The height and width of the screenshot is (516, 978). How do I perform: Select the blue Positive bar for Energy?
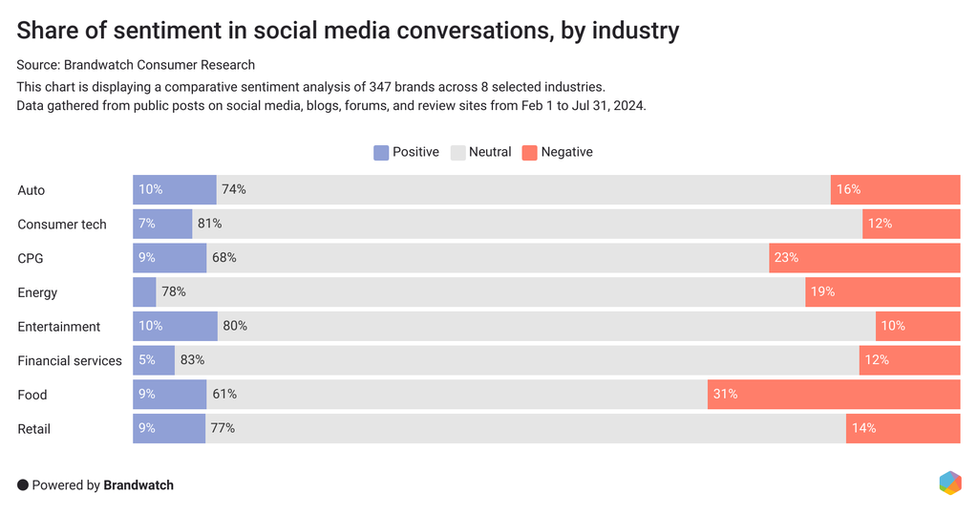tap(144, 292)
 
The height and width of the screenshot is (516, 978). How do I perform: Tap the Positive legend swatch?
tap(381, 152)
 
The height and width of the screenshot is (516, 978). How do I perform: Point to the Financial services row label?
tap(70, 360)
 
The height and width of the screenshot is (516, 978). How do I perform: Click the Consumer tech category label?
tap(62, 225)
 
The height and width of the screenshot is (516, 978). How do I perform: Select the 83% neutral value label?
tap(192, 360)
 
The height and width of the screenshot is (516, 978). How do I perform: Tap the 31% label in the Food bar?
tap(725, 394)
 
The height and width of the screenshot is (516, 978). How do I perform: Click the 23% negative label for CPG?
tap(786, 258)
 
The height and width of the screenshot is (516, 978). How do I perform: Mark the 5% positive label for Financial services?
tap(146, 360)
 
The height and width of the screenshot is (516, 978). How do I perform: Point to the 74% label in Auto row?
tap(234, 190)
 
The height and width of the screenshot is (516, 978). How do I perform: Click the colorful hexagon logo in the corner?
tap(949, 483)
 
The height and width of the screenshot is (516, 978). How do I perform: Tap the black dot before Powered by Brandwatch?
tap(23, 485)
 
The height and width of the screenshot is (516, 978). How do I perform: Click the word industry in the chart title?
tap(634, 31)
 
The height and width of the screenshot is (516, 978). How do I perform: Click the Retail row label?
tap(34, 428)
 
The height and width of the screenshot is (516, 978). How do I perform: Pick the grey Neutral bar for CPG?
tap(487, 258)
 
